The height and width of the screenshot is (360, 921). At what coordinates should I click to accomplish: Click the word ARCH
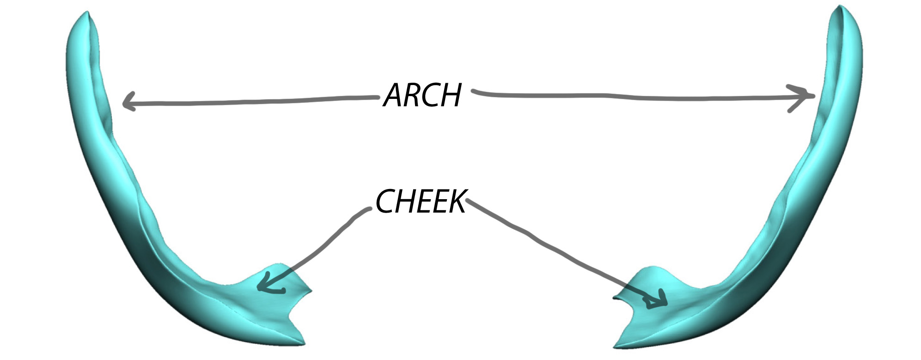tap(422, 95)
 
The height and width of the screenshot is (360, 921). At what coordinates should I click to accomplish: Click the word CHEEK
tap(421, 202)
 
